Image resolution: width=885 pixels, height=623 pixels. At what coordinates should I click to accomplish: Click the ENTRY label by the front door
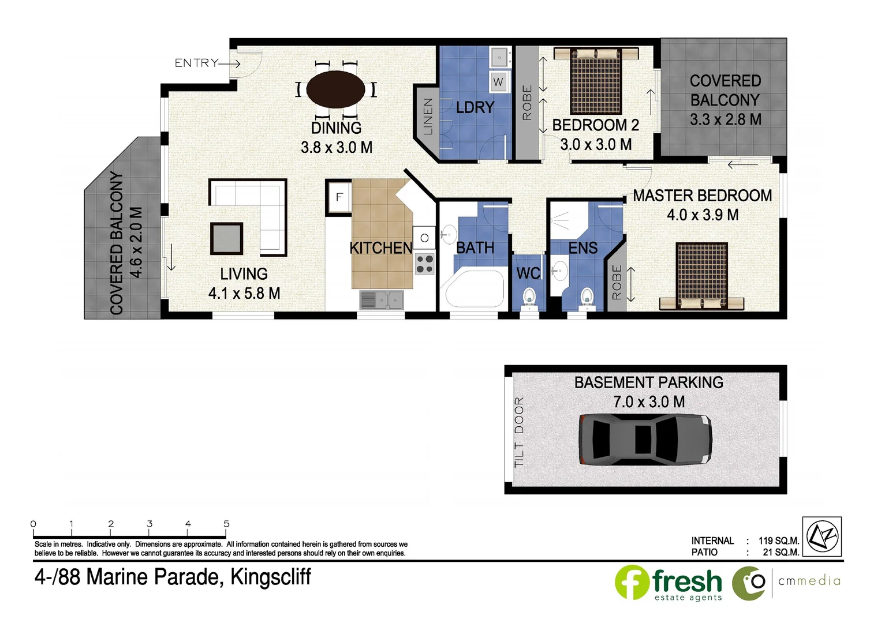196,63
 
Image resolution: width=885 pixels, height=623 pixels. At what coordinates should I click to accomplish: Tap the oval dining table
335,89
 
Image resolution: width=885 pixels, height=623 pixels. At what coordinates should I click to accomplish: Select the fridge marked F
339,197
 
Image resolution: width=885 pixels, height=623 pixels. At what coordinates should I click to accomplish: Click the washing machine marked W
498,81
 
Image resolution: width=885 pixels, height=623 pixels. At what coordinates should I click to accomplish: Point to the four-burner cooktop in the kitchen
425,264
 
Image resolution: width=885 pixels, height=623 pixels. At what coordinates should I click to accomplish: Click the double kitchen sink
382,300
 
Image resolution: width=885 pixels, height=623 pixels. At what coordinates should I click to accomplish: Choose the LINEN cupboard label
428,117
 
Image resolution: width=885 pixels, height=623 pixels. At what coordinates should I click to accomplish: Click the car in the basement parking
645,438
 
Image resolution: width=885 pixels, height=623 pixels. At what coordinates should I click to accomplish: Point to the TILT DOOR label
519,431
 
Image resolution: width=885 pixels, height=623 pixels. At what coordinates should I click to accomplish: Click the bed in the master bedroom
701,276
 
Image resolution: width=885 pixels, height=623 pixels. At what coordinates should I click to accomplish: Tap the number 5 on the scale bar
226,524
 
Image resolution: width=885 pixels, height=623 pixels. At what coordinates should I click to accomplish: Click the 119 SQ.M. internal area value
778,541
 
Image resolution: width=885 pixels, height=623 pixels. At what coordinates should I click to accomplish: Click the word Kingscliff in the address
271,577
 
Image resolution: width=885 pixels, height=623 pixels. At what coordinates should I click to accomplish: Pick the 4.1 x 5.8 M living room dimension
244,293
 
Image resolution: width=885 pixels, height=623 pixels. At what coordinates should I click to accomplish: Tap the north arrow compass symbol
822,536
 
